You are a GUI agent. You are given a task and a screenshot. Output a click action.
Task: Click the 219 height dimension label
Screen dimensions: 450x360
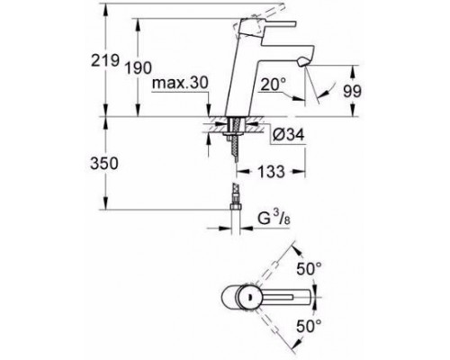pyautogui.click(x=105, y=60)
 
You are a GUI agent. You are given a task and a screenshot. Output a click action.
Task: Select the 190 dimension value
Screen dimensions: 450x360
pyautogui.click(x=139, y=67)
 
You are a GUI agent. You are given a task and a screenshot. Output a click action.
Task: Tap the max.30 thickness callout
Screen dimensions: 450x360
pyautogui.click(x=180, y=83)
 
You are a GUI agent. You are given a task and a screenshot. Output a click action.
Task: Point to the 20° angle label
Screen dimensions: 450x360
pyautogui.click(x=273, y=85)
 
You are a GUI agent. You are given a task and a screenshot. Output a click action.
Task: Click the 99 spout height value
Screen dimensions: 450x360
pyautogui.click(x=352, y=91)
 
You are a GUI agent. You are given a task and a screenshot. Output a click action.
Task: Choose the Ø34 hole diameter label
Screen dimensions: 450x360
pyautogui.click(x=289, y=134)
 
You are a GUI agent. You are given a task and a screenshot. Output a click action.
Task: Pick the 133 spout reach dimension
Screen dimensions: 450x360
pyautogui.click(x=271, y=172)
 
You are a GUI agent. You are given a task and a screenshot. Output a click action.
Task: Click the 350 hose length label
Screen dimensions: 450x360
pyautogui.click(x=104, y=164)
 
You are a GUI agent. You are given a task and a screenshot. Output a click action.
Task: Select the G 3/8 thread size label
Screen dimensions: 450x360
pyautogui.click(x=274, y=219)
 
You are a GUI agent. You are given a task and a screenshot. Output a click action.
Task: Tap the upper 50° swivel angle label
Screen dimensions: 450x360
pyautogui.click(x=309, y=268)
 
